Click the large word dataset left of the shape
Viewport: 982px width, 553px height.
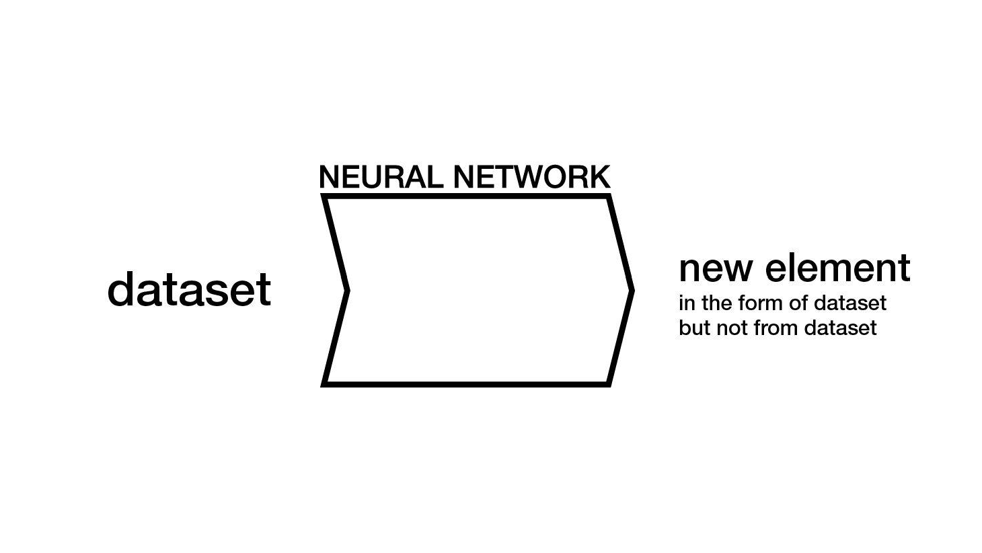tap(189, 289)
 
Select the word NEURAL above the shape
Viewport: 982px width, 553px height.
tap(381, 177)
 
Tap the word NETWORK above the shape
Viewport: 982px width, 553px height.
tap(531, 177)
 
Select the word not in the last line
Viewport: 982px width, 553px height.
tap(732, 328)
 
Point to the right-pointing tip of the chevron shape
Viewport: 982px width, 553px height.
tap(632, 291)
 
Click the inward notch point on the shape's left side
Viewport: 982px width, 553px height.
tap(347, 291)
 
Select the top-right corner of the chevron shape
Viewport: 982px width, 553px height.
tap(608, 196)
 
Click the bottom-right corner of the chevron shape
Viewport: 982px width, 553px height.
tap(608, 384)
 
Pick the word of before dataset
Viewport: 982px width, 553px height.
tap(800, 303)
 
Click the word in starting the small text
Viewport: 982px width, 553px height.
tap(686, 303)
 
